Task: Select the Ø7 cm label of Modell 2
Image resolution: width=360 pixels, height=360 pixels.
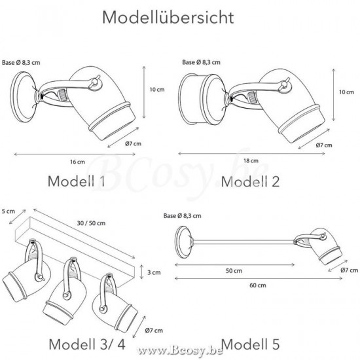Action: click(x=323, y=145)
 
